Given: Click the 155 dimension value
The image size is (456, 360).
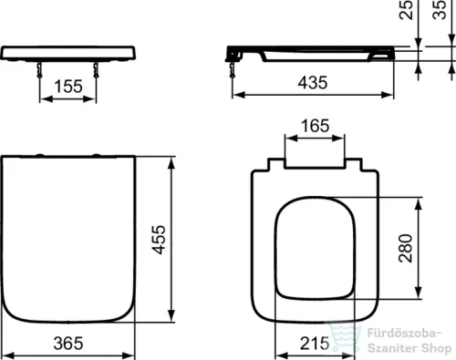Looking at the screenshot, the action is [68, 87].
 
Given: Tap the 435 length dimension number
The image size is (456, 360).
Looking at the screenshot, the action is [313, 83].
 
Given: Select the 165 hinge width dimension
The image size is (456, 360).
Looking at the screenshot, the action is [315, 126].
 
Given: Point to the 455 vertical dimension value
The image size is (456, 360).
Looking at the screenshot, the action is [159, 240].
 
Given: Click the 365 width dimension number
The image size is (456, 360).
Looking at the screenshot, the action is [68, 344].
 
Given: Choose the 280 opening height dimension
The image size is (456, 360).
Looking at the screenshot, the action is [406, 248].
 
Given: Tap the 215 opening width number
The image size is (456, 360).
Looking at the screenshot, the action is [315, 344].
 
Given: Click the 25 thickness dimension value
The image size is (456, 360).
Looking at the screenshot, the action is [407, 10].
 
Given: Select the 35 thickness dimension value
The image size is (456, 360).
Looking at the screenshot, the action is [440, 10].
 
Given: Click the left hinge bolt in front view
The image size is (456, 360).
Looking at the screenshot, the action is [39, 70].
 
